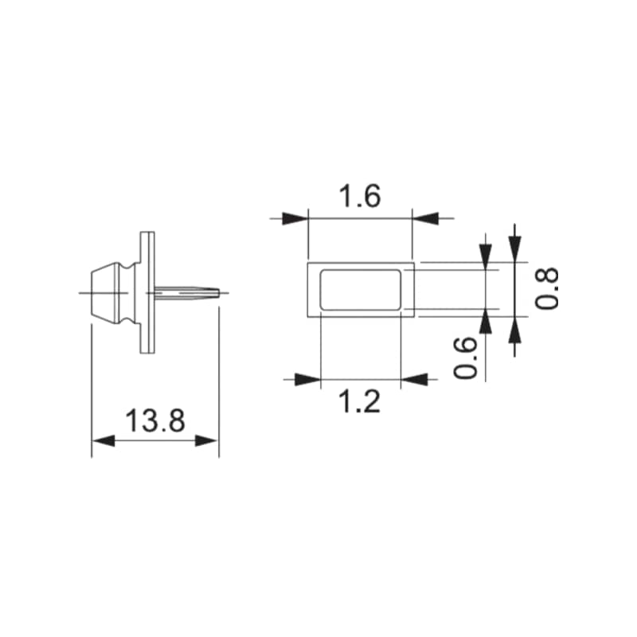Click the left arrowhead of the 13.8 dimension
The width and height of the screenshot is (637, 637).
[x=103, y=440]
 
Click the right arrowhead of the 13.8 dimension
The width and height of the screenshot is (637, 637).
[x=209, y=440]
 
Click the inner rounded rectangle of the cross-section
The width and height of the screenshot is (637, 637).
[x=360, y=288]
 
